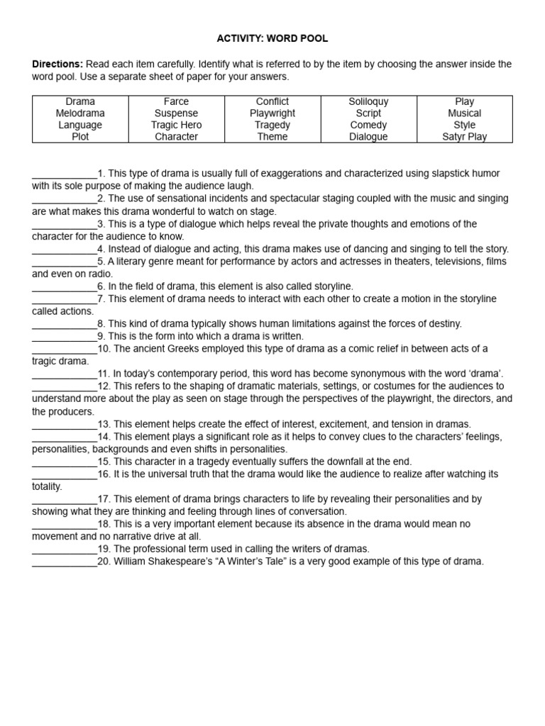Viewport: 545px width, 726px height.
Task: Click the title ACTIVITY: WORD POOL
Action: point(272,38)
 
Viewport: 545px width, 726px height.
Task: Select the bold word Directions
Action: point(57,64)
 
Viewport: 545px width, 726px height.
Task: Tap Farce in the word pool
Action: point(176,102)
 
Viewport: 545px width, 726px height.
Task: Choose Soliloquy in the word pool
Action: point(368,102)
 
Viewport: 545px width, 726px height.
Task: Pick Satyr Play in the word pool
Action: point(464,137)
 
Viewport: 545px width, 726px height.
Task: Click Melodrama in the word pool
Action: point(80,113)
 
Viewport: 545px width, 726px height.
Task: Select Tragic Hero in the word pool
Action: point(176,125)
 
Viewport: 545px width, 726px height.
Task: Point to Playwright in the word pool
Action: point(272,113)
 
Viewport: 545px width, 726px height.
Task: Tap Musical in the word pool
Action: point(464,113)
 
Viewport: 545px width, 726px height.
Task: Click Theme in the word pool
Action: point(272,137)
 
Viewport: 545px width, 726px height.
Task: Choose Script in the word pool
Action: point(368,113)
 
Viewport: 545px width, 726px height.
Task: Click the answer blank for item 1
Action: point(65,174)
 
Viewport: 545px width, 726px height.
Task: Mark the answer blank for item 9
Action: point(65,336)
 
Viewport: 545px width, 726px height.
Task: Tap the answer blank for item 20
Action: point(65,562)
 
